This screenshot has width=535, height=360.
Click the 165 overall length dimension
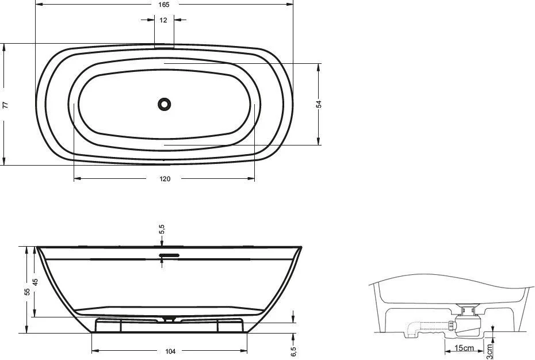[x=165, y=4]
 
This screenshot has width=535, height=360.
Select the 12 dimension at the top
[x=164, y=20]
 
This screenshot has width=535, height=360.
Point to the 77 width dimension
[x=5, y=105]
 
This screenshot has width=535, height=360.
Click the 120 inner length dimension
[x=165, y=179]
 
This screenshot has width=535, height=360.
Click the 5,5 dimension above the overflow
[x=162, y=230]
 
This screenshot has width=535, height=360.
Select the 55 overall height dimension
[x=26, y=291]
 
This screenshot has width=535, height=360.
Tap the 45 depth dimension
[x=35, y=282]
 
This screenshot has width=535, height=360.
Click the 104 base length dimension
[x=170, y=351]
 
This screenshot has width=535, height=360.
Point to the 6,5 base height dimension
[x=294, y=350]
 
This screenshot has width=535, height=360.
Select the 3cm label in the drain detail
[x=490, y=347]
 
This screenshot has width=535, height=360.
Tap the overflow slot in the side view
[x=169, y=254]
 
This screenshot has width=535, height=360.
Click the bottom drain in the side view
[x=169, y=317]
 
